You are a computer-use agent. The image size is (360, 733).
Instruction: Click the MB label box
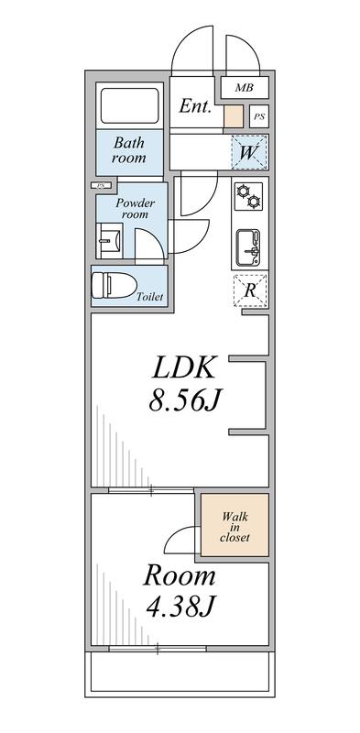(243, 88)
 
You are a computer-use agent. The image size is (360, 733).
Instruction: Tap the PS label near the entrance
(259, 117)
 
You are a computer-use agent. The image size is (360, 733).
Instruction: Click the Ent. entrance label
(195, 107)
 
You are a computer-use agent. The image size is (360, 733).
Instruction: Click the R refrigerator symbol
(249, 290)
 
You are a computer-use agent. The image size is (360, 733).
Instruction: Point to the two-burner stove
(248, 196)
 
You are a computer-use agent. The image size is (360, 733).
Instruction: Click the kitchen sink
(248, 246)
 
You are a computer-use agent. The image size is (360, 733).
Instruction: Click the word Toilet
(150, 297)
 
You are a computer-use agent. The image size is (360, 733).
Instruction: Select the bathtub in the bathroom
(129, 105)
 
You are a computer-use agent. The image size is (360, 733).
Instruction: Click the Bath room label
(129, 150)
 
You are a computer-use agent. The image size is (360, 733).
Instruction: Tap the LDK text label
(183, 367)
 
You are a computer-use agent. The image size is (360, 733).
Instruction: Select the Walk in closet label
(235, 526)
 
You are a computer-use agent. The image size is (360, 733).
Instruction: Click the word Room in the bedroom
(179, 576)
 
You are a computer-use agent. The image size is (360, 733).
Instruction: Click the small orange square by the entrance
(234, 117)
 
